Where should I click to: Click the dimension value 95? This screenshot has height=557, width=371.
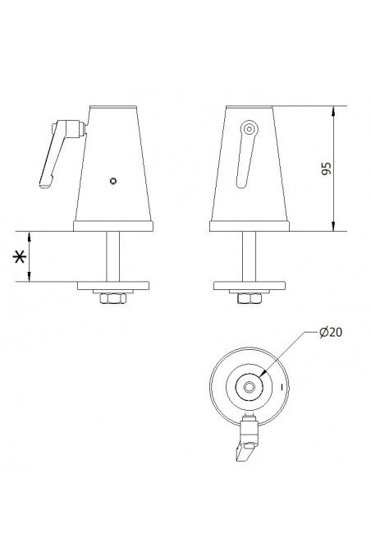pos(327,169)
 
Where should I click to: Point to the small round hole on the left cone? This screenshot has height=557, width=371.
pos(114,181)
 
